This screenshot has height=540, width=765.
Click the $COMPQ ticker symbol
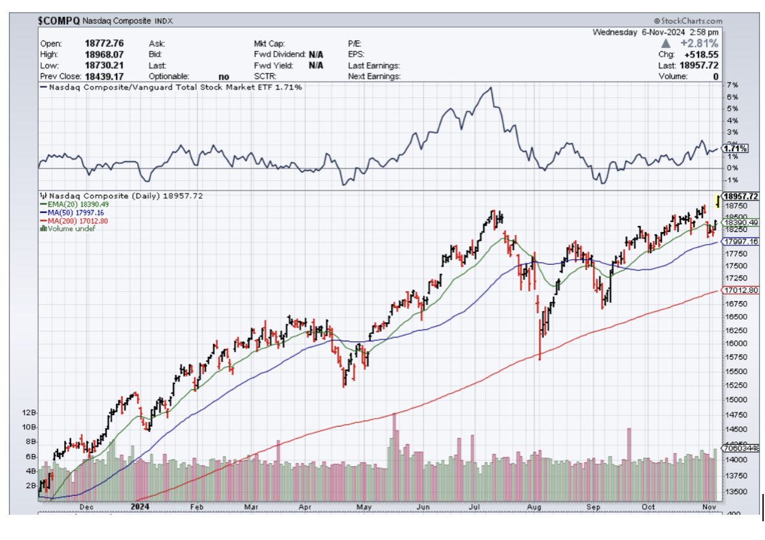(59, 21)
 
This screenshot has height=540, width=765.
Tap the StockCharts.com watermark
(688, 21)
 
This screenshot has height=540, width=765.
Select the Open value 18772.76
(104, 43)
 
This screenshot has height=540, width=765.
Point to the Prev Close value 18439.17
(104, 76)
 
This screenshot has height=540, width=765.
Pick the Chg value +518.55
(699, 54)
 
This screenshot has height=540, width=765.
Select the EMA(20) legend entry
(72, 204)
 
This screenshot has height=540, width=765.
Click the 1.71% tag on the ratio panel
(736, 149)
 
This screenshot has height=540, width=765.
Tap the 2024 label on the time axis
(140, 507)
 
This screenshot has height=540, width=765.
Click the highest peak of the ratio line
(491, 87)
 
